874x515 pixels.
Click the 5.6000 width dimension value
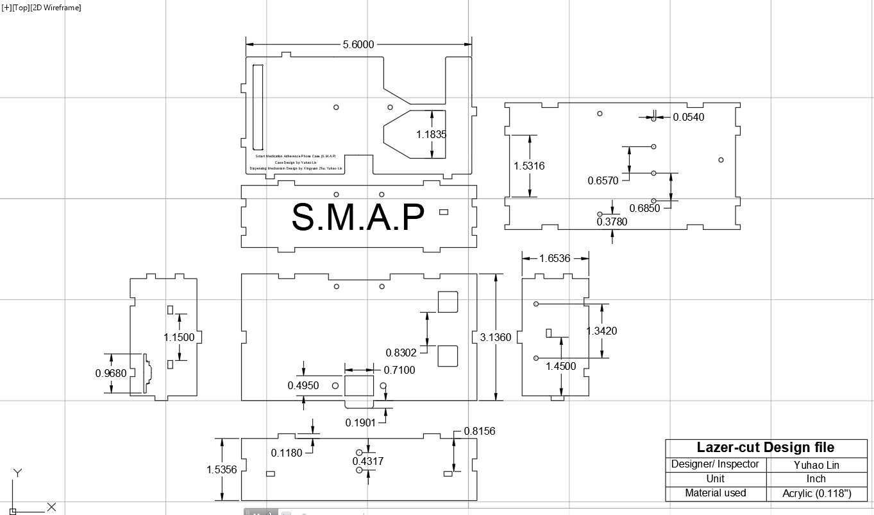click(x=358, y=44)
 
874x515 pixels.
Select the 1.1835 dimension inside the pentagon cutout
click(x=431, y=135)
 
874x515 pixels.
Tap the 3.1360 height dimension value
click(x=496, y=337)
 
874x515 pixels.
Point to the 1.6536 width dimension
click(x=555, y=258)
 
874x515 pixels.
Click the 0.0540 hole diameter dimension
click(x=688, y=117)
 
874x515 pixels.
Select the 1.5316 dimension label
click(x=529, y=166)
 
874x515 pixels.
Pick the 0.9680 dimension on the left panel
click(x=111, y=373)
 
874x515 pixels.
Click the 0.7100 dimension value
click(x=399, y=370)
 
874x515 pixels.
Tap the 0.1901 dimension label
click(x=361, y=423)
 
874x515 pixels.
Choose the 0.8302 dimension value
click(x=401, y=353)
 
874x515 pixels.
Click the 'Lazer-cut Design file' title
click(x=766, y=448)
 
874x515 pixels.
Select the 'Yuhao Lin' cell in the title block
click(x=816, y=465)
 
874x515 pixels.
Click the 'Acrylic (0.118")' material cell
click(x=816, y=494)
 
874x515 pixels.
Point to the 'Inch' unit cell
click(x=816, y=479)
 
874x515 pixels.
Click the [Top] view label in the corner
click(x=22, y=7)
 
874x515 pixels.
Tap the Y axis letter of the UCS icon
click(x=18, y=473)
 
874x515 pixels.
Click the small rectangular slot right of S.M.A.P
click(x=444, y=212)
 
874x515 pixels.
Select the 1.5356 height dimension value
click(x=222, y=470)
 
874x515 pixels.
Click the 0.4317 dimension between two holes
click(x=368, y=461)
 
